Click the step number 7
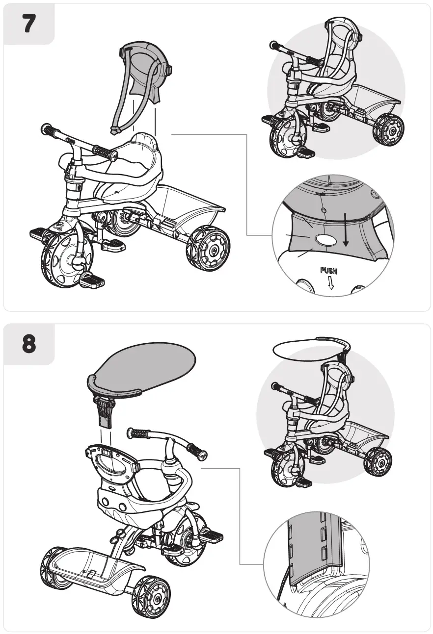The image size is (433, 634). tap(28, 24)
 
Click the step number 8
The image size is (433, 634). tap(28, 344)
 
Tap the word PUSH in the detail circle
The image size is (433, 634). tap(328, 270)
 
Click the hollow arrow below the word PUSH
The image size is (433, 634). tap(330, 283)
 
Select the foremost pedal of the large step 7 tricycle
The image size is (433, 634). tap(93, 280)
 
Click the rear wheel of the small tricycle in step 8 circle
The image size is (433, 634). tap(379, 461)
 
